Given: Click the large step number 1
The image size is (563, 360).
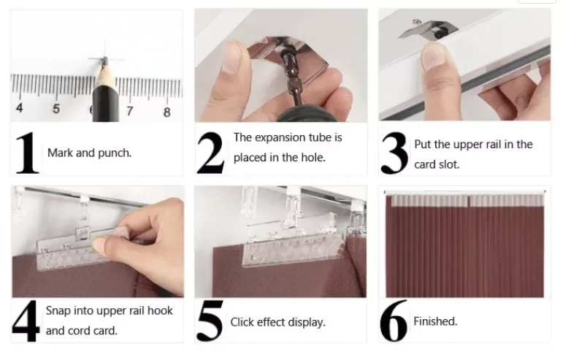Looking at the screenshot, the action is (x=27, y=153).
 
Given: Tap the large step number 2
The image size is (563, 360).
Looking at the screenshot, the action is (x=211, y=153).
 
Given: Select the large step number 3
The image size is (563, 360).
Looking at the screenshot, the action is (x=394, y=153).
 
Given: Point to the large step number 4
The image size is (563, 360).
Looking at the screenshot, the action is (x=26, y=321).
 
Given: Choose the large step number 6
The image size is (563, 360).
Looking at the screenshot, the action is (x=394, y=321).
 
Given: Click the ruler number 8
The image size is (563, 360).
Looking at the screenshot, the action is (x=166, y=112).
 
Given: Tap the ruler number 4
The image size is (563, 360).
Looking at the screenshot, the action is (x=20, y=107).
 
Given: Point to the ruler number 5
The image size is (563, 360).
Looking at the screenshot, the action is (x=56, y=108).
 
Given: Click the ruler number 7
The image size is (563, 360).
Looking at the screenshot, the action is (x=130, y=111).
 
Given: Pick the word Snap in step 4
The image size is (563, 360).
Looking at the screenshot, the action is (x=58, y=311).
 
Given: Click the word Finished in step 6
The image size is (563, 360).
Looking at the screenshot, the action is (x=435, y=321).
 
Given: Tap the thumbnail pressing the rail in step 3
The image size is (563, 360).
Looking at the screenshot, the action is (x=434, y=54).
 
